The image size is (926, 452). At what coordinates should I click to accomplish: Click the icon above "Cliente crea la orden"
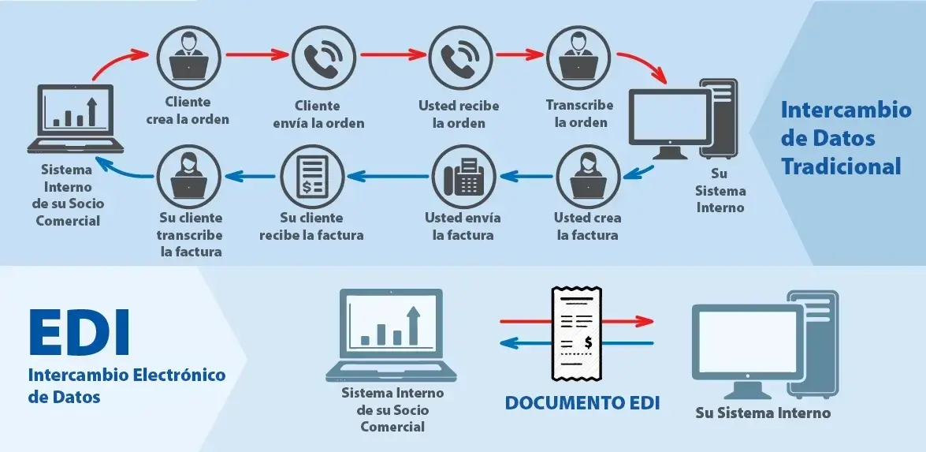point(189,58)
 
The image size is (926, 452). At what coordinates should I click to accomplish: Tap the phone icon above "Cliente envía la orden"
point(324,58)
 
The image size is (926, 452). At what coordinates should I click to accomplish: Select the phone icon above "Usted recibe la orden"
point(460,58)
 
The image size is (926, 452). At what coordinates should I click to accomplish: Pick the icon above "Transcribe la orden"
point(578,58)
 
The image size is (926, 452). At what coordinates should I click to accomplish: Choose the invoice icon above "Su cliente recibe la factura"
point(312,177)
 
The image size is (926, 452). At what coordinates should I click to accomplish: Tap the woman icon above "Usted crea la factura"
point(588,177)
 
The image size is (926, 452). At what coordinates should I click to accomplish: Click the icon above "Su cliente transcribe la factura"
point(189,177)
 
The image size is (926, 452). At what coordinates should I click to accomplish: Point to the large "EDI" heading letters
point(79,334)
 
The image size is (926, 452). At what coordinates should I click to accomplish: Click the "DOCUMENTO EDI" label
point(582,403)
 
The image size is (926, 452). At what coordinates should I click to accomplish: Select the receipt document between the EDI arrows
point(576,334)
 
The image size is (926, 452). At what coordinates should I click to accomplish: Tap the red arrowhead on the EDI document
point(645,322)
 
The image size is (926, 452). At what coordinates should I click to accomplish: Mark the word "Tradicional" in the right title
point(842,166)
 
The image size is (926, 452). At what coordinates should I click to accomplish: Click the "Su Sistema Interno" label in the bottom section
point(763,413)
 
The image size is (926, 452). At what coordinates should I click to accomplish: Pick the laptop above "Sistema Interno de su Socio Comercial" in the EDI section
point(392,335)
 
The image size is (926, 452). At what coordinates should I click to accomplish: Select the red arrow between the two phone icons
point(393,54)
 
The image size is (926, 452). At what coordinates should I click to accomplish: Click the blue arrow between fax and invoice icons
point(388,175)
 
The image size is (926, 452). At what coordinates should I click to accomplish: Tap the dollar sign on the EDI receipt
point(588,342)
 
